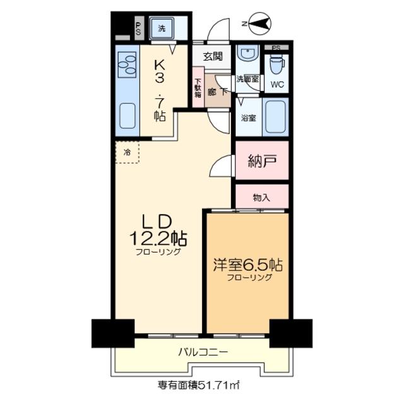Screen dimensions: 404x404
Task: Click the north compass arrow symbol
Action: tap(258, 25)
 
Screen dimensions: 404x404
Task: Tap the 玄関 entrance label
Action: tap(212, 56)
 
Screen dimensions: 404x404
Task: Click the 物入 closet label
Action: tap(261, 197)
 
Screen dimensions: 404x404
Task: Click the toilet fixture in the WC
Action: tap(277, 64)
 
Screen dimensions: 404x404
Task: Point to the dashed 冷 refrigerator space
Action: tap(127, 151)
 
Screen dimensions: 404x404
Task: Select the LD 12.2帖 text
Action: tap(157, 233)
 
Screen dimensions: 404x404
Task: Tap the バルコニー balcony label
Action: tap(202, 352)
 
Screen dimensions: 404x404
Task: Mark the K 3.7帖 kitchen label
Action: tap(158, 88)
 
